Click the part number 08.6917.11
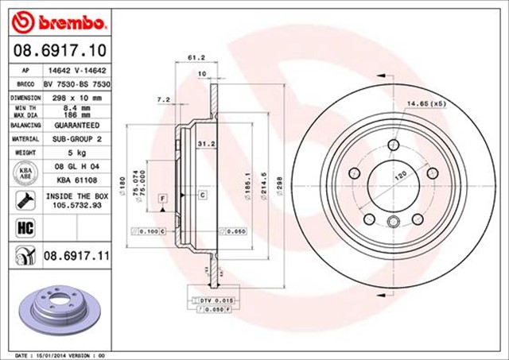click(76, 255)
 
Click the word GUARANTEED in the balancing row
click(78, 126)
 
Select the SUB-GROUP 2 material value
click(78, 138)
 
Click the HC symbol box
click(23, 227)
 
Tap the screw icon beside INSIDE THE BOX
click(23, 199)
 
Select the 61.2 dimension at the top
click(192, 58)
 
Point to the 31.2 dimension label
click(202, 144)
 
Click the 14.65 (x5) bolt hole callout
click(426, 103)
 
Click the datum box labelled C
click(203, 195)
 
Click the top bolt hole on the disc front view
click(392, 145)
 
